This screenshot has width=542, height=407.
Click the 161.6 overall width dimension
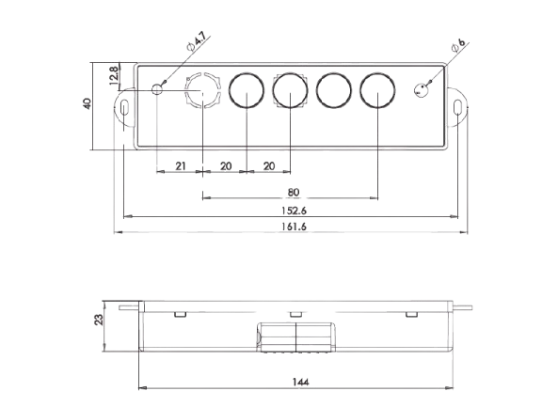coord(294,227)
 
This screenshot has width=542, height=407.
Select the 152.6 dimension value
coord(294,211)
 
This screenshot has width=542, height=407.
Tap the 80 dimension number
coord(294,193)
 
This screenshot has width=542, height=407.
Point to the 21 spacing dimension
coord(181,166)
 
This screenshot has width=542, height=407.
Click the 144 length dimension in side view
coord(300,382)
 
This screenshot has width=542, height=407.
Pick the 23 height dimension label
coord(99,320)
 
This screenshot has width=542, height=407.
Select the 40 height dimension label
coord(88,104)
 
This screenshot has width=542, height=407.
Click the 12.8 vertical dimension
coord(114,76)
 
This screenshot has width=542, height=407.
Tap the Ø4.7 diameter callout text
coord(197,41)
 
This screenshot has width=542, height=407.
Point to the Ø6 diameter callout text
coord(459,46)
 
